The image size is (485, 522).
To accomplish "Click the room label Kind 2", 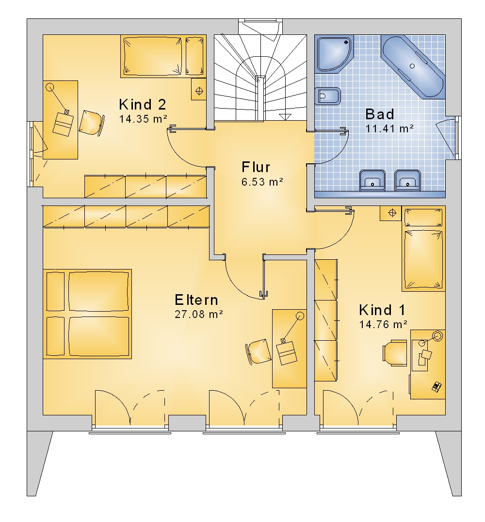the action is (x=142, y=105).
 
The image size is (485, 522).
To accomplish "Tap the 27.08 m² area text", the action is (x=199, y=314).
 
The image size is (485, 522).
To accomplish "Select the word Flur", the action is (x=256, y=167).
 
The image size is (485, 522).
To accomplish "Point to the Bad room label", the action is (x=380, y=114).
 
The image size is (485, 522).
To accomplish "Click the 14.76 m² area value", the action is (x=383, y=324).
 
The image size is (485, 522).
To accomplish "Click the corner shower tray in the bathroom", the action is (x=334, y=54).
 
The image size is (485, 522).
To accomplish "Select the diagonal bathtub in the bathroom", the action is (x=413, y=66).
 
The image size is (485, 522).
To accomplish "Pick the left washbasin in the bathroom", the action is (x=373, y=180).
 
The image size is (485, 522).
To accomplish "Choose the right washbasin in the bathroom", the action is (x=408, y=180).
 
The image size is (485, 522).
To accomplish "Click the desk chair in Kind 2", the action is (x=92, y=123).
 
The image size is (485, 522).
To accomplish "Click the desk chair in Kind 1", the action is (x=395, y=353).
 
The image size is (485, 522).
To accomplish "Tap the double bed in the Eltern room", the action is (x=87, y=314).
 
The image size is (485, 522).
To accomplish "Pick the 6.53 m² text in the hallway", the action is (x=262, y=182).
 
